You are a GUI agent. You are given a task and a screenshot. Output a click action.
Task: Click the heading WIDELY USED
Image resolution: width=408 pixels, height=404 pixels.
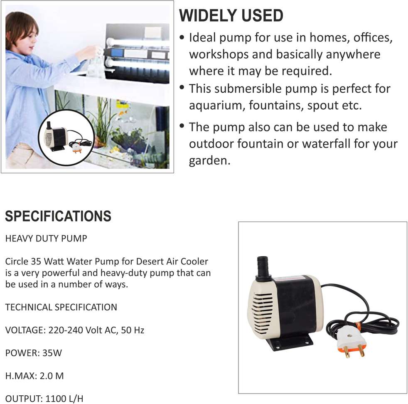point(231,15)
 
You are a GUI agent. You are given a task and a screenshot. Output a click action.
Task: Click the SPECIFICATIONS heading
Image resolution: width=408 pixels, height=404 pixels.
point(58,216)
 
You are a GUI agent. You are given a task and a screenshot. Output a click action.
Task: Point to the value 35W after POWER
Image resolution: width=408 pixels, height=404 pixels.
point(52,353)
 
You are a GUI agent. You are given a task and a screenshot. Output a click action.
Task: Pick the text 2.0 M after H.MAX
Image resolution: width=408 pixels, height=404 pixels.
point(52,376)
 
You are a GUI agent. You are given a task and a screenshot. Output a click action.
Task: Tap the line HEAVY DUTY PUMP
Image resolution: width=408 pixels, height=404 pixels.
point(46,239)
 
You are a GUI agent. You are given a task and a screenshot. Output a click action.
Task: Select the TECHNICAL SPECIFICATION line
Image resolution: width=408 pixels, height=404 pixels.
point(61,307)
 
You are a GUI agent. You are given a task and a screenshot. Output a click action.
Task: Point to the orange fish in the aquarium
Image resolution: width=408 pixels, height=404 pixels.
point(123,112)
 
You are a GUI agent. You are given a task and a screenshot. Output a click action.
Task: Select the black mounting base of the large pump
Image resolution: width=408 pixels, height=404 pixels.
point(290,342)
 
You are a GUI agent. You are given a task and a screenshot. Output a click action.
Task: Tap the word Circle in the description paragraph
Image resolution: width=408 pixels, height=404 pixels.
point(17,261)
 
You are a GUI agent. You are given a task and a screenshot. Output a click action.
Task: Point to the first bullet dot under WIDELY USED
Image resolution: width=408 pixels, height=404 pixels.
point(182,38)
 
